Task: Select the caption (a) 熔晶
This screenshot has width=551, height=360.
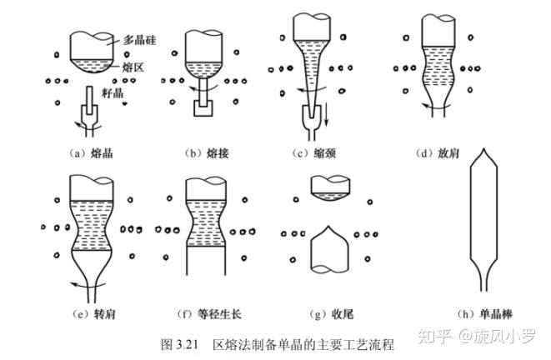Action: pyautogui.click(x=88, y=152)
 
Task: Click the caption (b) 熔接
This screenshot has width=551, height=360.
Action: pyautogui.click(x=205, y=152)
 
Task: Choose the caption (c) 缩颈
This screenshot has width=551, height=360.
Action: pyautogui.click(x=315, y=152)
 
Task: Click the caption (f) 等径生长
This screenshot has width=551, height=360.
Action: pyautogui.click(x=208, y=314)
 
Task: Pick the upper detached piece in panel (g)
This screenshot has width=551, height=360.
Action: pyautogui.click(x=328, y=187)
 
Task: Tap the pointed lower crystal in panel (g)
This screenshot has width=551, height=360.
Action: pyautogui.click(x=328, y=250)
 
